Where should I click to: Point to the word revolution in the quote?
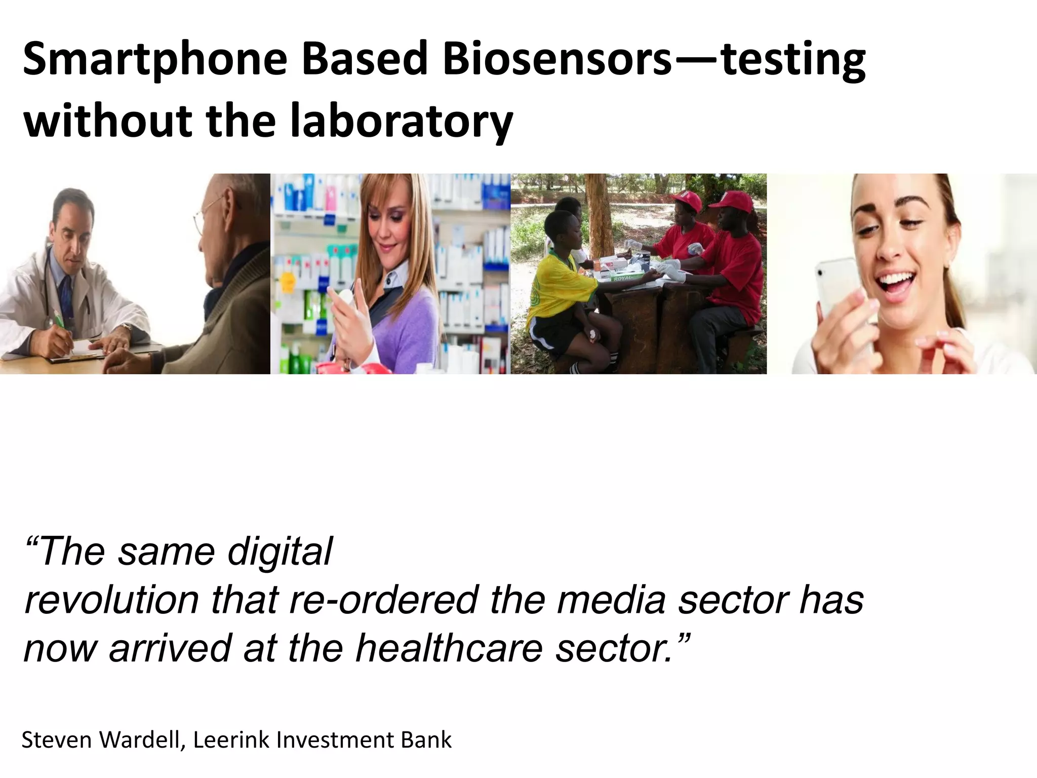(111, 600)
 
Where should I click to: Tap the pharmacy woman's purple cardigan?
(405, 324)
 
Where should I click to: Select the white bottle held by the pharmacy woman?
(344, 304)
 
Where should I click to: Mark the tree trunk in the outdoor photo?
(597, 213)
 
